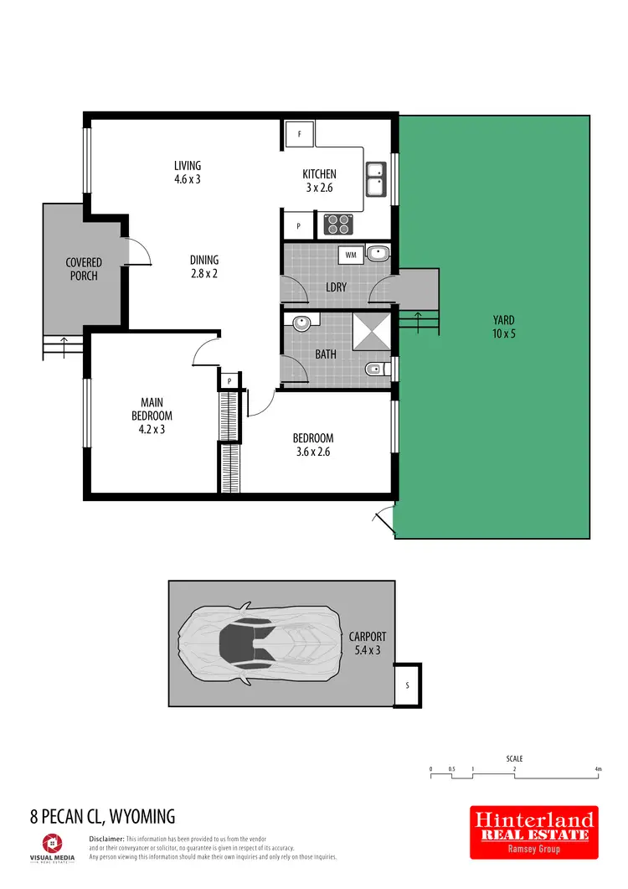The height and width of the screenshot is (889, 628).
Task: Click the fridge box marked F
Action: point(299,133)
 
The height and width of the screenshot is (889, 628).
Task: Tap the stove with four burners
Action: point(337,224)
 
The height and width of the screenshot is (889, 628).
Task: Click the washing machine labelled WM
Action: point(351,255)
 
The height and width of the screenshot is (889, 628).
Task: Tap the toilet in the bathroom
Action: point(375,369)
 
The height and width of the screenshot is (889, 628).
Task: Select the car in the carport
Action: point(260,643)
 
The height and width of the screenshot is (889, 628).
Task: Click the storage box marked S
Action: point(407,685)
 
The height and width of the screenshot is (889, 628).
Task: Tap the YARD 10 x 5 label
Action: point(503,327)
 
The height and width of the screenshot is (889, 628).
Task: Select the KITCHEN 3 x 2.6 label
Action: point(319,181)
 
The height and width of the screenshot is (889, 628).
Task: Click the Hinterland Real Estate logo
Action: point(533,831)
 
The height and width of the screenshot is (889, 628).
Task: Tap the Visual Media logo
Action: point(49,845)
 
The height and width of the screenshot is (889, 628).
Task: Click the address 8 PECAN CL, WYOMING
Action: point(103,815)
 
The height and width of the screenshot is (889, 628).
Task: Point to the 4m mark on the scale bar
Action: point(598,768)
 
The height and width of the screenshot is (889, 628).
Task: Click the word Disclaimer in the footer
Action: point(106,838)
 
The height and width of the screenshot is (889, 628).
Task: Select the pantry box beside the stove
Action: point(299,226)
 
